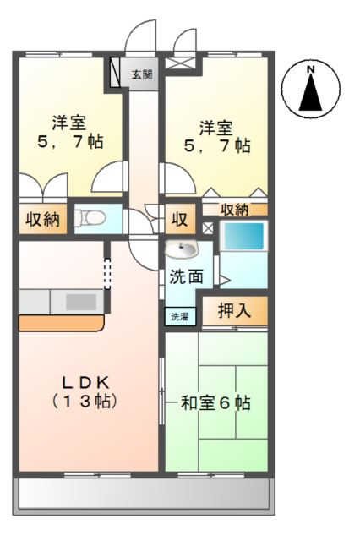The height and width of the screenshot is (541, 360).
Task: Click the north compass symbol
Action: (312, 90)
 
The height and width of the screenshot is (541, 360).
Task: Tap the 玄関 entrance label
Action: (142, 74)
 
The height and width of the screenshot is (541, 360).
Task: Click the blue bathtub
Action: (243, 236)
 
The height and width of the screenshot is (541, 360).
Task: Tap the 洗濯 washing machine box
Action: (179, 317)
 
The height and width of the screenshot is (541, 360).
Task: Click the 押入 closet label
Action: (234, 310)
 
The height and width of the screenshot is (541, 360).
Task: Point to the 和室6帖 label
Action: (216, 402)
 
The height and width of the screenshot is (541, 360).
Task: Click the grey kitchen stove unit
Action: (81, 301)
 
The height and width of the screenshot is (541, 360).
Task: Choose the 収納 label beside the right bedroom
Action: (234, 210)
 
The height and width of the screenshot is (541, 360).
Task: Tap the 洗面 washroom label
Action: (186, 276)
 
